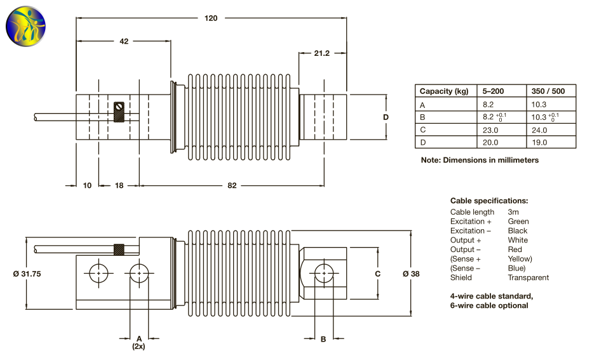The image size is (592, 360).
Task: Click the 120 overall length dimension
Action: [211, 18]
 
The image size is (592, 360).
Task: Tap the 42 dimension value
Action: [124, 41]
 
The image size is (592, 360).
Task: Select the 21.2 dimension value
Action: [321, 53]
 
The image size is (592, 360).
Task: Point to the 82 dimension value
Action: [232, 185]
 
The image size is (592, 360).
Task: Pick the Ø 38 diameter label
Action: [411, 274]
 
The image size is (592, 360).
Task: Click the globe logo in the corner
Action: [27, 25]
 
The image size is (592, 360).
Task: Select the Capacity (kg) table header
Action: [444, 91]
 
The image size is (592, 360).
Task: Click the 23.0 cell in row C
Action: [491, 130]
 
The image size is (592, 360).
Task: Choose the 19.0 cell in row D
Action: [539, 142]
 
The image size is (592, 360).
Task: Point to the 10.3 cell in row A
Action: [539, 104]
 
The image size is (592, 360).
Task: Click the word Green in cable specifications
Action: [518, 222]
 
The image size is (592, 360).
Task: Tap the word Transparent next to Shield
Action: [528, 277]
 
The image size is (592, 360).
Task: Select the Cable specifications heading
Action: [489, 201]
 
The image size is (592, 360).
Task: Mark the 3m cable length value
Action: [513, 212]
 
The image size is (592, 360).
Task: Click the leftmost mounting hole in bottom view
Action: [98, 274]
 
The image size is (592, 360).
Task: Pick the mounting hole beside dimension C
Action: [324, 274]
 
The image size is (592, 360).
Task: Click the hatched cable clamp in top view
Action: [119, 112]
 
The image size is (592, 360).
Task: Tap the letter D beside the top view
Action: [386, 117]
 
